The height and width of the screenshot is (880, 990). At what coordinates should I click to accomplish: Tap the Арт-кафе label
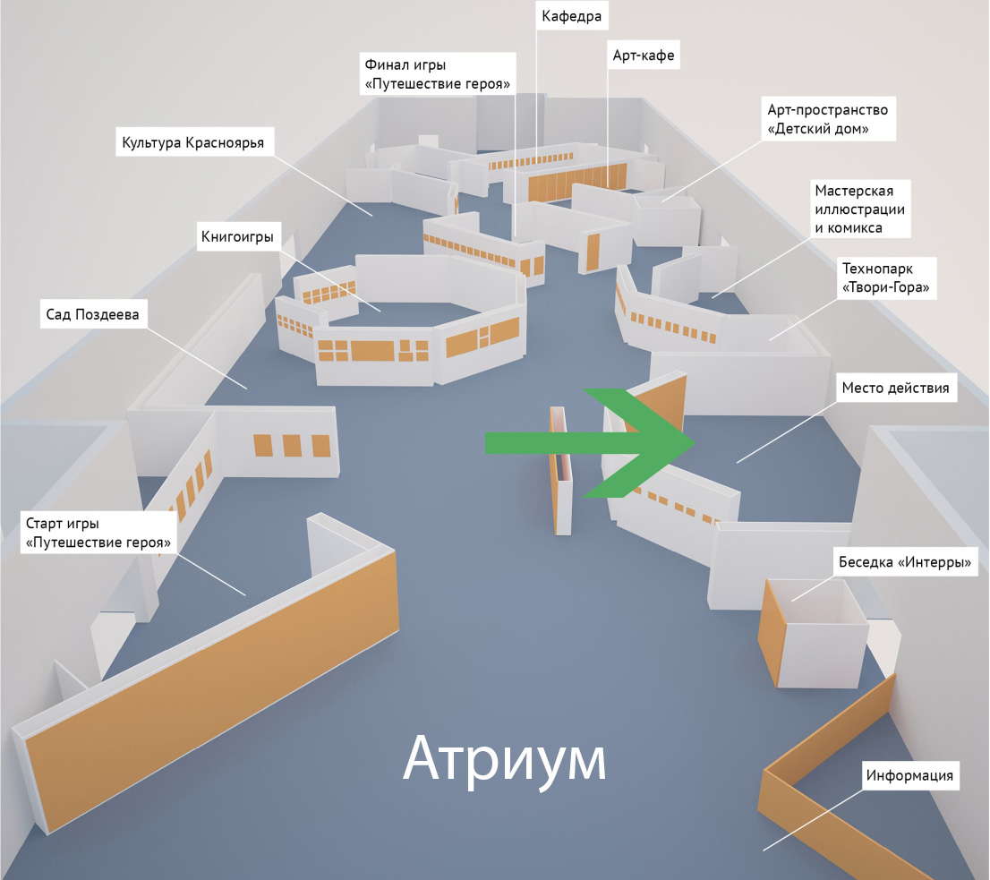click(x=643, y=56)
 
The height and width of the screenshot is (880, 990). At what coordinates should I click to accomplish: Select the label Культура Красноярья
click(x=192, y=142)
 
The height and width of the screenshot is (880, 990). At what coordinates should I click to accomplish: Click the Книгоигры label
click(x=235, y=237)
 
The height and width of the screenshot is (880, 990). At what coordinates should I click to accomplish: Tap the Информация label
click(x=909, y=775)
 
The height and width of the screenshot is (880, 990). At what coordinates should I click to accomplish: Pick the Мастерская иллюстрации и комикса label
click(x=860, y=209)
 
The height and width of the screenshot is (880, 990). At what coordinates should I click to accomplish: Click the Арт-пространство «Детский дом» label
click(x=827, y=119)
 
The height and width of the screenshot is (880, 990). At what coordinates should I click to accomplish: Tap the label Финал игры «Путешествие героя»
click(x=438, y=75)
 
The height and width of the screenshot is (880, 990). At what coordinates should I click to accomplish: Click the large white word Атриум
click(x=504, y=759)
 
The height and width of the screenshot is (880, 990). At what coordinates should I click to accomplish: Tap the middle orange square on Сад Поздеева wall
click(x=292, y=445)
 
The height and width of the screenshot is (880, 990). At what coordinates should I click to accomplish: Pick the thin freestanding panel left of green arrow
click(x=559, y=470)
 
